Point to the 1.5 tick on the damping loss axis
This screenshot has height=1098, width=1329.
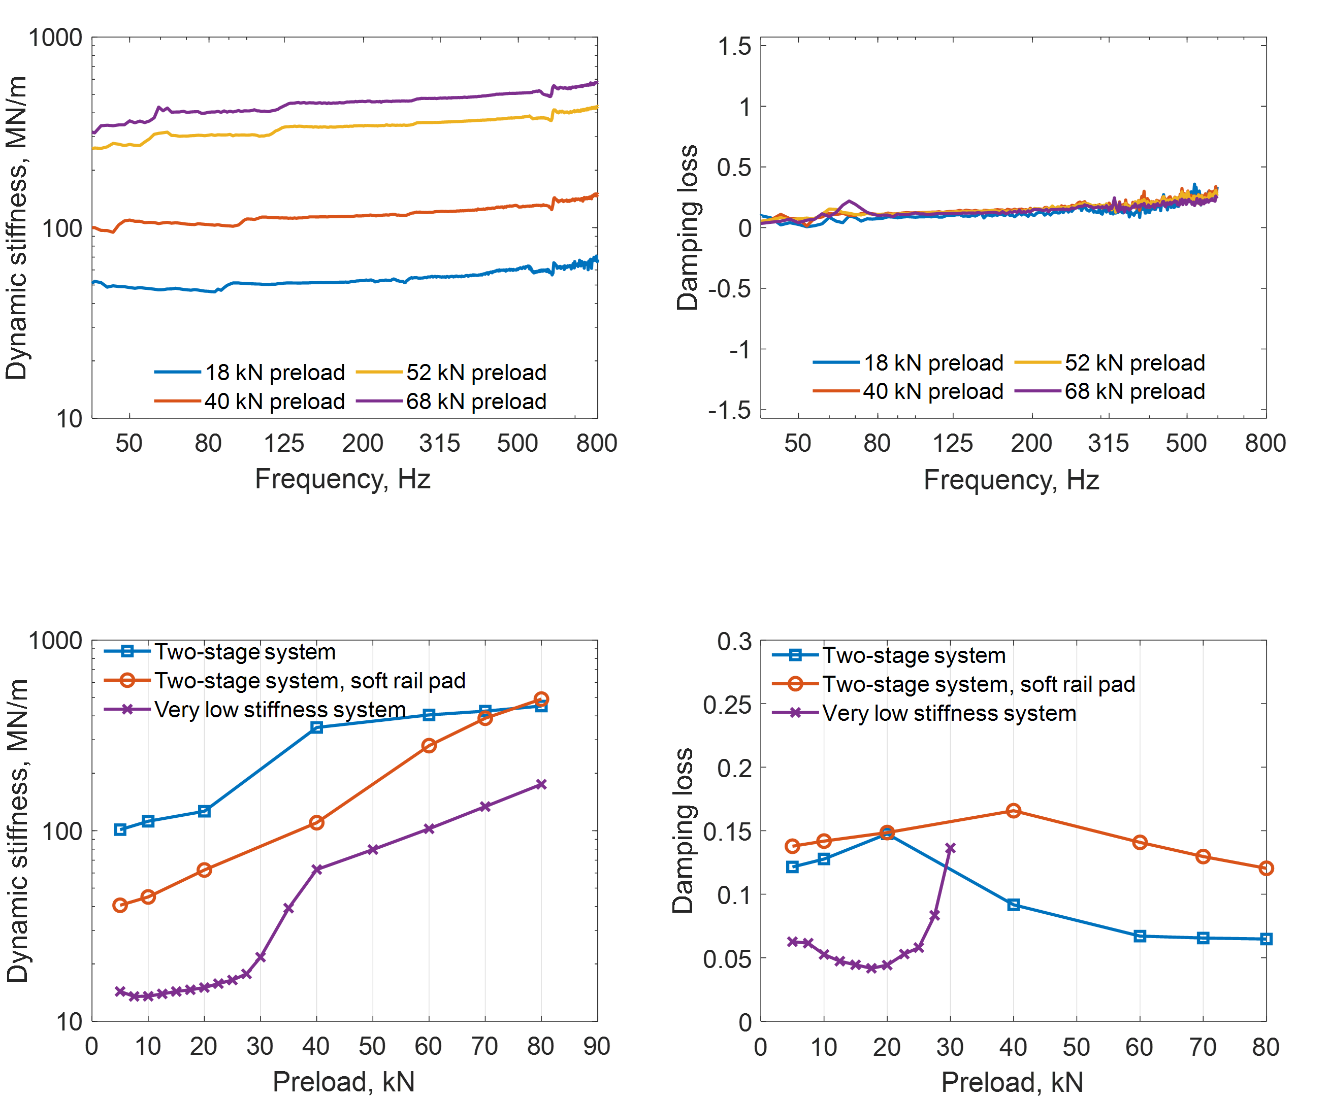735,46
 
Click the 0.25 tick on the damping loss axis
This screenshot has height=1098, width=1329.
728,704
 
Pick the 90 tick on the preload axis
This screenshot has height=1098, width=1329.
597,1047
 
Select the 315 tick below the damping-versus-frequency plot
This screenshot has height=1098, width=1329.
1108,443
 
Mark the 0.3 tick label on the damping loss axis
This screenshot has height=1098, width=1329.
735,641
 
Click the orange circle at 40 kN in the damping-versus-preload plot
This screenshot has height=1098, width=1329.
1013,811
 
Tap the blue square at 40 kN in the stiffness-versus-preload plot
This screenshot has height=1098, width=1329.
317,727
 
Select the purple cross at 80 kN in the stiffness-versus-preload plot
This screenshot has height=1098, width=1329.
541,784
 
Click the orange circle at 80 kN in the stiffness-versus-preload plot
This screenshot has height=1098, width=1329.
541,699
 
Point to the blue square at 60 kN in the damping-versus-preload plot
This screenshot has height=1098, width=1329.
1140,936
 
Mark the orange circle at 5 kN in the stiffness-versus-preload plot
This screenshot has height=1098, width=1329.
120,905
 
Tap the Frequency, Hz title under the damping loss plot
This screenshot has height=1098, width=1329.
1011,479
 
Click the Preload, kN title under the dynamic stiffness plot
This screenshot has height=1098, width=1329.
343,1082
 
